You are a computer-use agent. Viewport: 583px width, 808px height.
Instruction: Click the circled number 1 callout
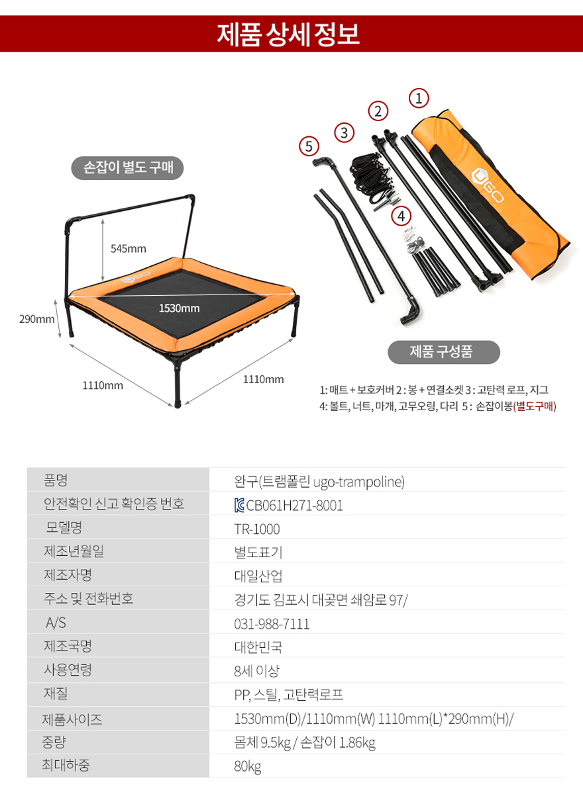click(x=419, y=98)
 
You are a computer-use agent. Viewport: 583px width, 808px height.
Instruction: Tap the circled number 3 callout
click(x=344, y=132)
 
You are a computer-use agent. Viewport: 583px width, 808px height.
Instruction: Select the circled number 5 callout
click(x=309, y=146)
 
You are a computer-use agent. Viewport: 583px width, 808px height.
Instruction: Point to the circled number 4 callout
click(x=401, y=216)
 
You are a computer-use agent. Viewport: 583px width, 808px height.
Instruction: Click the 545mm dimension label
click(x=129, y=249)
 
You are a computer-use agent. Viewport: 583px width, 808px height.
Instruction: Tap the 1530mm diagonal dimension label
click(x=179, y=308)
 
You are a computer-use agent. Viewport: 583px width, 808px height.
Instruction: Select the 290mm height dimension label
click(x=37, y=319)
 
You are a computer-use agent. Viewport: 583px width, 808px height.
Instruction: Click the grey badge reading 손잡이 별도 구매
click(x=127, y=167)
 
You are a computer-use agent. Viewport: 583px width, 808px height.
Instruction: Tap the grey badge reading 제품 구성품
click(x=444, y=352)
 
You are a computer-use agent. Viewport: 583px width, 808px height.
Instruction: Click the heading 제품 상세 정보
click(x=288, y=34)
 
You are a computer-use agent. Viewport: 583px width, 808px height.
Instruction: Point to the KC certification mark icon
click(x=239, y=505)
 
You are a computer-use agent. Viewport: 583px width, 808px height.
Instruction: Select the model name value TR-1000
click(x=257, y=529)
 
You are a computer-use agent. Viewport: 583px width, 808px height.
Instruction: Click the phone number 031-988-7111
click(x=272, y=624)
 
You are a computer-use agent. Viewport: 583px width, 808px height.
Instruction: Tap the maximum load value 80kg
click(x=247, y=766)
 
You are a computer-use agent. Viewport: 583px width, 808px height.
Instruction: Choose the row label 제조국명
click(x=68, y=646)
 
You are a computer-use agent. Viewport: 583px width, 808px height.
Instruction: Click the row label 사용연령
click(x=68, y=670)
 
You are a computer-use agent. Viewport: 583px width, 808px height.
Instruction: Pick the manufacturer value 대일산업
click(x=258, y=576)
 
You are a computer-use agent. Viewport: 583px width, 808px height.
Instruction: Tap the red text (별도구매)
click(x=534, y=406)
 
